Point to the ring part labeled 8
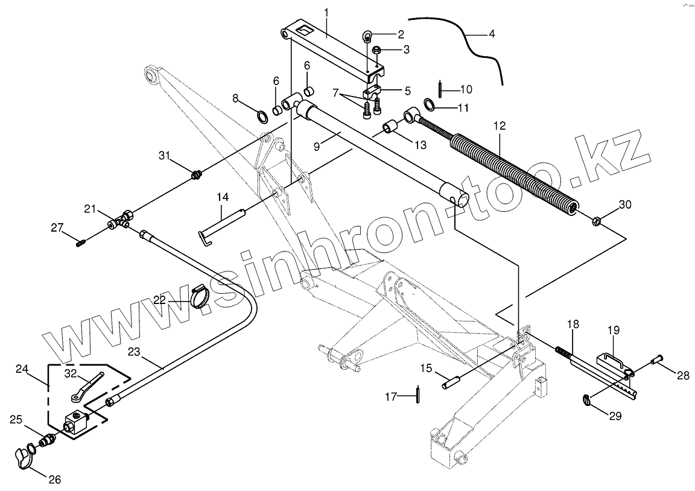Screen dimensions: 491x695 pos(263,115)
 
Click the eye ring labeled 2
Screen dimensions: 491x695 pos(369,34)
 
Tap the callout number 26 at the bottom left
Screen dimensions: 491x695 pos(54,480)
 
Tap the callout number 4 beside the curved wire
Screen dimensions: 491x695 pos(492,34)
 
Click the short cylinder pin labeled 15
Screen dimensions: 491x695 pos(452,382)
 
